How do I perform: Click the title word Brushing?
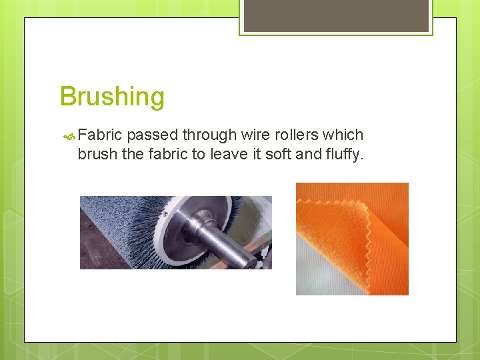pyautogui.click(x=111, y=97)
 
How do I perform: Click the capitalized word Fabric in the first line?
pyautogui.click(x=99, y=135)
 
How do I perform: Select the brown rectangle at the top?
pyautogui.click(x=336, y=15)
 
